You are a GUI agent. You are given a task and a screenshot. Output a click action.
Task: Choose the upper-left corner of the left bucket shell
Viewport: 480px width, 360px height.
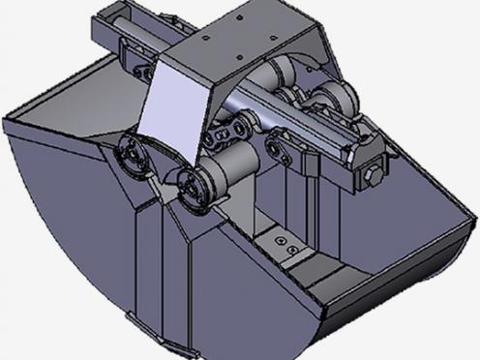8,120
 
